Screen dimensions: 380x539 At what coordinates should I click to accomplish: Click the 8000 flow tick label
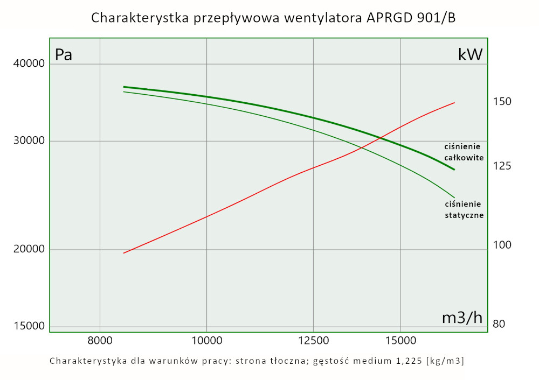tap(100, 340)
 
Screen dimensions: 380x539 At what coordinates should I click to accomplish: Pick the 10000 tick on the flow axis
tap(207, 340)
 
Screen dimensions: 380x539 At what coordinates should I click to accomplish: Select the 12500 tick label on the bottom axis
tap(313, 340)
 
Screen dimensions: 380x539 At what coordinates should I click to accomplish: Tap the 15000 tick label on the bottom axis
tap(400, 340)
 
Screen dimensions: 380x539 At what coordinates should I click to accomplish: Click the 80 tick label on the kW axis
tap(499, 324)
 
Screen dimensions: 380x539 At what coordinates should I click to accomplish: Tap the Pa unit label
tap(64, 55)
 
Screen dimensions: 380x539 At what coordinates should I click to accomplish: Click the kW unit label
tap(470, 54)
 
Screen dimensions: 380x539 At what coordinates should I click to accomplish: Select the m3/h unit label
tap(462, 318)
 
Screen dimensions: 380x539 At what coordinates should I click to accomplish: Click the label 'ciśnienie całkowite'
tap(463, 152)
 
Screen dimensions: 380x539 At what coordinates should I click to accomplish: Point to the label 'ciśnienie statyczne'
tap(464, 209)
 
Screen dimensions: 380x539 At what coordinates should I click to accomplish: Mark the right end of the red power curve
tap(455, 102)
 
